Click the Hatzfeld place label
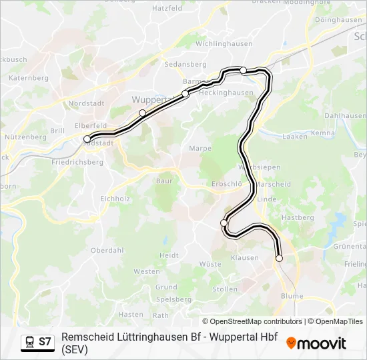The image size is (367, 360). [167, 9]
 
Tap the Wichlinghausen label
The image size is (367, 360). [224, 43]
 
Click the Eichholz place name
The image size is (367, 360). [115, 198]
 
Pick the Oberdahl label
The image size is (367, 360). [107, 250]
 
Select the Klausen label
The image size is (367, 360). [244, 257]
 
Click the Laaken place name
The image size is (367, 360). [295, 136]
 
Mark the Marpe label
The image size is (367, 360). [200, 148]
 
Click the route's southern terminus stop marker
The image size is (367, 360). [279, 258]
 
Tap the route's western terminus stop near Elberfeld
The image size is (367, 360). [87, 139]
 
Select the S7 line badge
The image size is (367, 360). [45, 341]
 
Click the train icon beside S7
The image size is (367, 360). [29, 341]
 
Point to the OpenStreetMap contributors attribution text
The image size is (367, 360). [252, 321]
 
